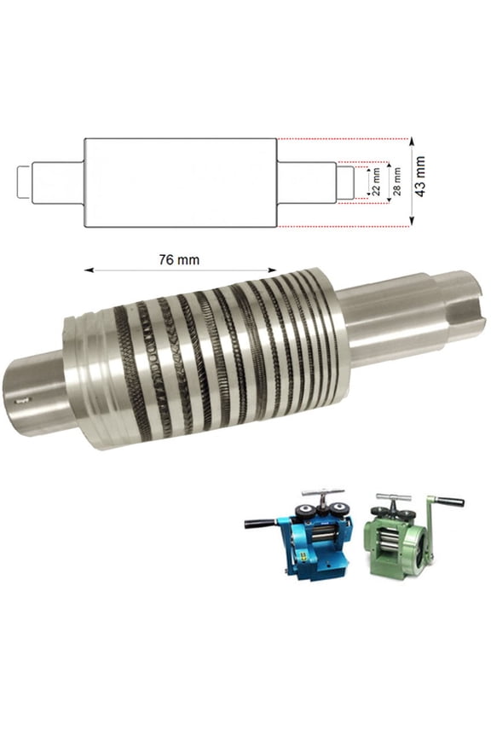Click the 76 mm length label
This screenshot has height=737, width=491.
pos(179,259)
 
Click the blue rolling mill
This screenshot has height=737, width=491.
pos(312,542)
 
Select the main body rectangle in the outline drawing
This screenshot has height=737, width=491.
pos(180,183)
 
